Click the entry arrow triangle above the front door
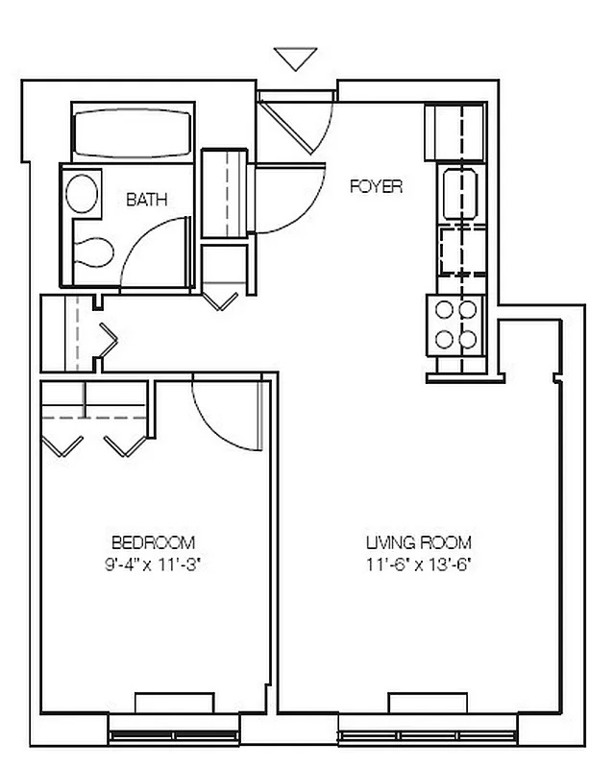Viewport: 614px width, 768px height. (295, 58)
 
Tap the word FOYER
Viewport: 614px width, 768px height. (375, 186)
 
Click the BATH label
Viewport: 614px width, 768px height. (146, 200)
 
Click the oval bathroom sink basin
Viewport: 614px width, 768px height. (82, 192)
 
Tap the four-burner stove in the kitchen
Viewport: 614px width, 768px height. (456, 324)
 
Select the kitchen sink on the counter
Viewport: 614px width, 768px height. (460, 193)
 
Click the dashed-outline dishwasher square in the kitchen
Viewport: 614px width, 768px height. (460, 251)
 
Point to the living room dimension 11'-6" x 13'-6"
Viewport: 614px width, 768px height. (419, 564)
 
